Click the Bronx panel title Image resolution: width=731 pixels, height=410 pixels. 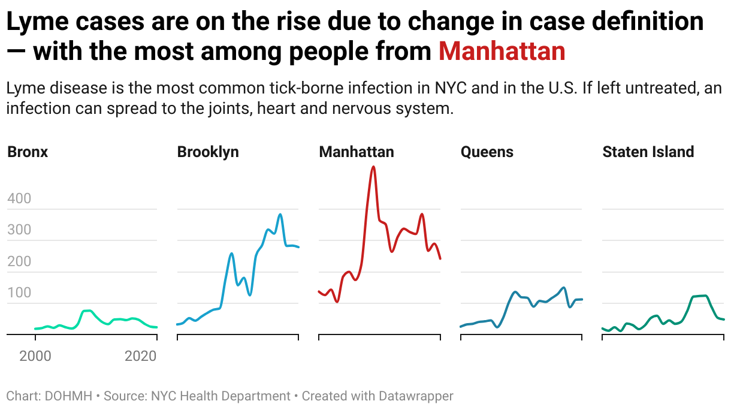click(28, 152)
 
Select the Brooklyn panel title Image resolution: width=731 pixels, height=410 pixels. click(208, 152)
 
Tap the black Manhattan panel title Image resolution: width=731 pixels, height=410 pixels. click(357, 152)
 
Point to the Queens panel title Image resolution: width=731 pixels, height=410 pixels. click(487, 152)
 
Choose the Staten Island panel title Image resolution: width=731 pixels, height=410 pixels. click(648, 152)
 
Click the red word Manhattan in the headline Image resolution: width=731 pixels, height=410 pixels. click(502, 52)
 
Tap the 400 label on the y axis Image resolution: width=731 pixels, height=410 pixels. click(19, 198)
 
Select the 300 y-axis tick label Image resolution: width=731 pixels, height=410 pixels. click(19, 230)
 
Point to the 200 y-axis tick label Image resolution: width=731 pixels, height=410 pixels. click(19, 261)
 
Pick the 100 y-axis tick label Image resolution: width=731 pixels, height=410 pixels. click(19, 293)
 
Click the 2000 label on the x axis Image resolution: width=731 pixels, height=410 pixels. click(35, 356)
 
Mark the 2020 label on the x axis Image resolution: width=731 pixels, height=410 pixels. click(140, 356)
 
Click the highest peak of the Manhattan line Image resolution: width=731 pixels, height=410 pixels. click(373, 167)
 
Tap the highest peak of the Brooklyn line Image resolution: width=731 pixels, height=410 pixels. click(280, 214)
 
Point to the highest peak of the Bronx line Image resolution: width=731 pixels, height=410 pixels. click(87, 310)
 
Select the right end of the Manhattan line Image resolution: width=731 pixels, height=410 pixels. click(440, 258)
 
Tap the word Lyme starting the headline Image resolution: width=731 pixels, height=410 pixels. click(36, 22)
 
